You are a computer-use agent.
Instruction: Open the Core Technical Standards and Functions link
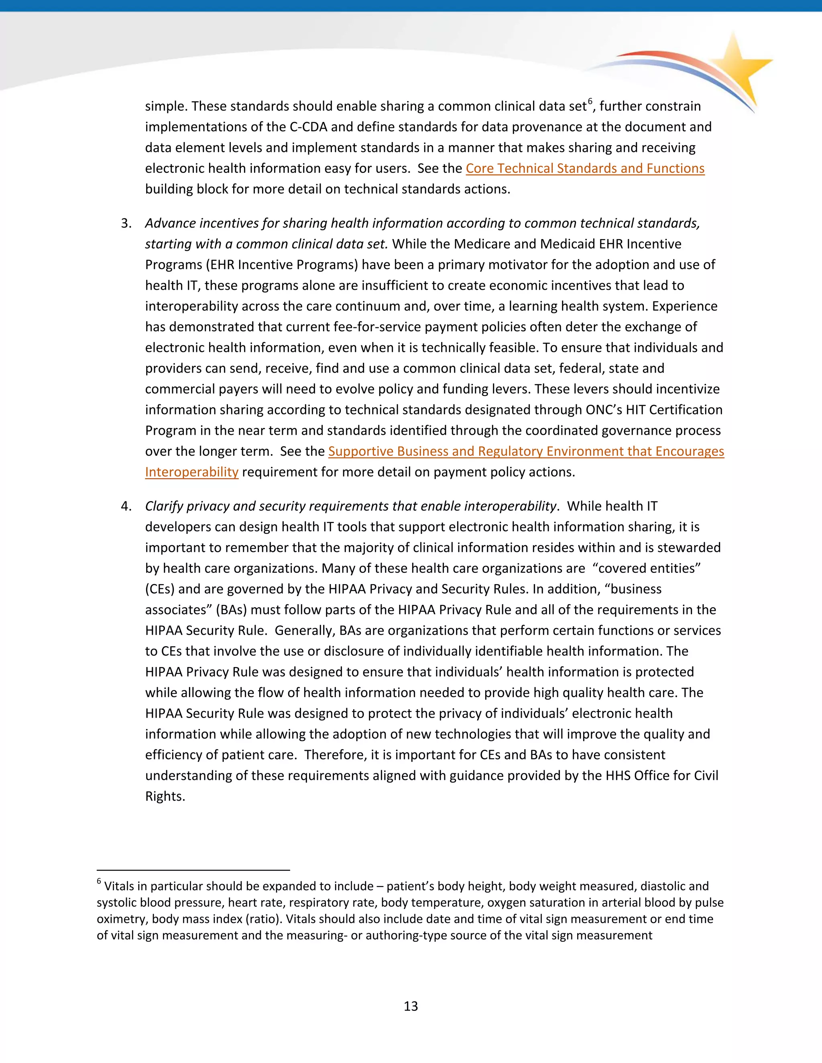coord(585,168)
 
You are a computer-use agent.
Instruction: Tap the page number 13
coord(411,1006)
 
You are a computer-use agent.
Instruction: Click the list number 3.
coord(126,223)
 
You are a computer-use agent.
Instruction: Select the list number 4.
coord(126,507)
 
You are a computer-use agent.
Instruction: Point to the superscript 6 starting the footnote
coord(99,881)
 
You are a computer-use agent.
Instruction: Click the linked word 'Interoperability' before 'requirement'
coord(191,472)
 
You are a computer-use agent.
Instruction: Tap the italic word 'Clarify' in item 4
coord(164,507)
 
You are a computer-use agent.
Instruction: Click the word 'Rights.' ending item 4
coord(165,797)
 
